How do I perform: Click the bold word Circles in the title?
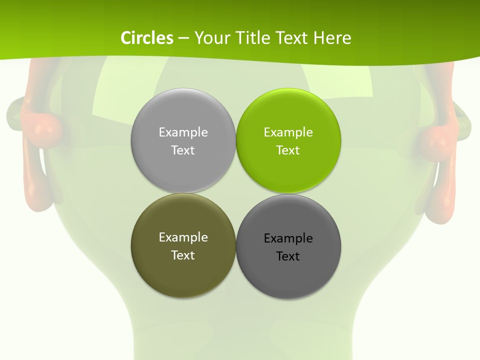(x=147, y=38)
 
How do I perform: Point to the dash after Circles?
(x=183, y=38)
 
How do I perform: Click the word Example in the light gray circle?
(x=183, y=132)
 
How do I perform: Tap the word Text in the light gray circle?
(x=183, y=150)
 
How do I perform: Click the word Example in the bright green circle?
(x=288, y=132)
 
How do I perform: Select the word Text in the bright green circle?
(x=288, y=150)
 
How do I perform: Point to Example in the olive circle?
(x=183, y=237)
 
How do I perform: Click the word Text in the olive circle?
(x=183, y=255)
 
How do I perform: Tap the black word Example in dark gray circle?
(x=288, y=238)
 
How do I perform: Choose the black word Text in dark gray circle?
(x=288, y=256)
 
